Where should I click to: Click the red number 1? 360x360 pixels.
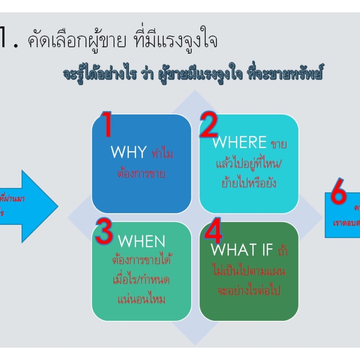click(x=107, y=125)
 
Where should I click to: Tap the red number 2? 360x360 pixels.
click(x=209, y=126)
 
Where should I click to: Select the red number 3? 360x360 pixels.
click(x=104, y=232)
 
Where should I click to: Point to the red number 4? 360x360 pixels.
click(x=213, y=233)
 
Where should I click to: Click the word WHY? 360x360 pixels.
click(x=128, y=153)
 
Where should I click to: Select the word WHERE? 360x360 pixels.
click(x=239, y=143)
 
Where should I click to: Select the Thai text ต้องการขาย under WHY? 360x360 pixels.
click(x=142, y=174)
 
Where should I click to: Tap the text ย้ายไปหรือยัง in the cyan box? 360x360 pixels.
click(x=249, y=183)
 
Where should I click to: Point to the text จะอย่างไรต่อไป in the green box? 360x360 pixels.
click(x=249, y=291)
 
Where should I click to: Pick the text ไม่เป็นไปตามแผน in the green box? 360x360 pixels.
click(x=249, y=271)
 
